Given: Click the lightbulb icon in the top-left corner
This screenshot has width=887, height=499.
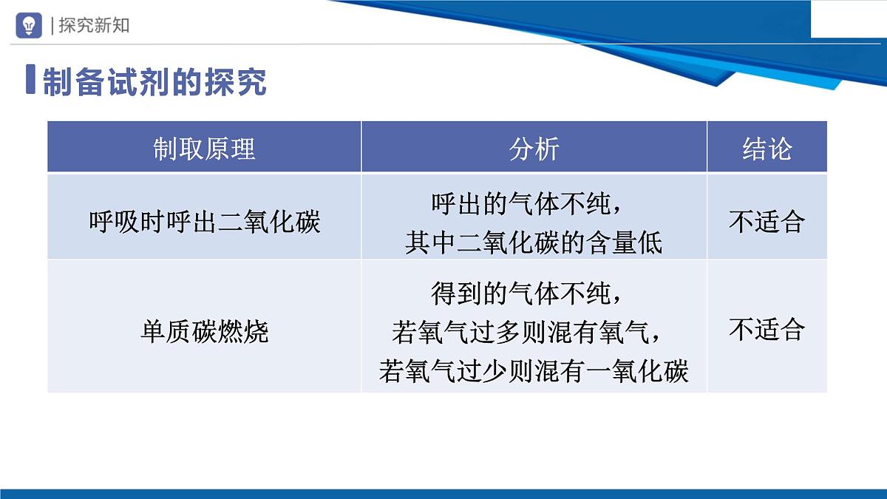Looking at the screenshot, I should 29,25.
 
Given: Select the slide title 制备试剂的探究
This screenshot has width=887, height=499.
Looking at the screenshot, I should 154,82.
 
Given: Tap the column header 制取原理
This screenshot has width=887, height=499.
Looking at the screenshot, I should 204,149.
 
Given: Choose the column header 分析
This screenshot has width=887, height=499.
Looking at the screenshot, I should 534,149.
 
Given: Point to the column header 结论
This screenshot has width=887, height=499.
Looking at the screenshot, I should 767,149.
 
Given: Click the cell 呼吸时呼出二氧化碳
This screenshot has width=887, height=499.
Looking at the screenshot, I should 204,222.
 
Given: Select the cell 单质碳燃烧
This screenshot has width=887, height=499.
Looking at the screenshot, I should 204,330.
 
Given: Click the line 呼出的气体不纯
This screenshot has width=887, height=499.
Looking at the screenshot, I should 529,203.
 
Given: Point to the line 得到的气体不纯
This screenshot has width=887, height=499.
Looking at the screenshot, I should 529,293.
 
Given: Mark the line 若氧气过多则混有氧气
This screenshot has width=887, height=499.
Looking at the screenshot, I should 529,332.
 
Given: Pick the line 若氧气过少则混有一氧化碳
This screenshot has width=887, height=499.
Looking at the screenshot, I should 534,370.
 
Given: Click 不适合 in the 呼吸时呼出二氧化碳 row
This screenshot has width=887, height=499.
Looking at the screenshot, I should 767,222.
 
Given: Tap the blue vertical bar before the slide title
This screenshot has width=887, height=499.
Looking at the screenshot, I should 30,80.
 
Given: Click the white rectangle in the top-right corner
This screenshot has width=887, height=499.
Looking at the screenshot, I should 849,18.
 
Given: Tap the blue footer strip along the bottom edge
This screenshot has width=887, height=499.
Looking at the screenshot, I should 443,493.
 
